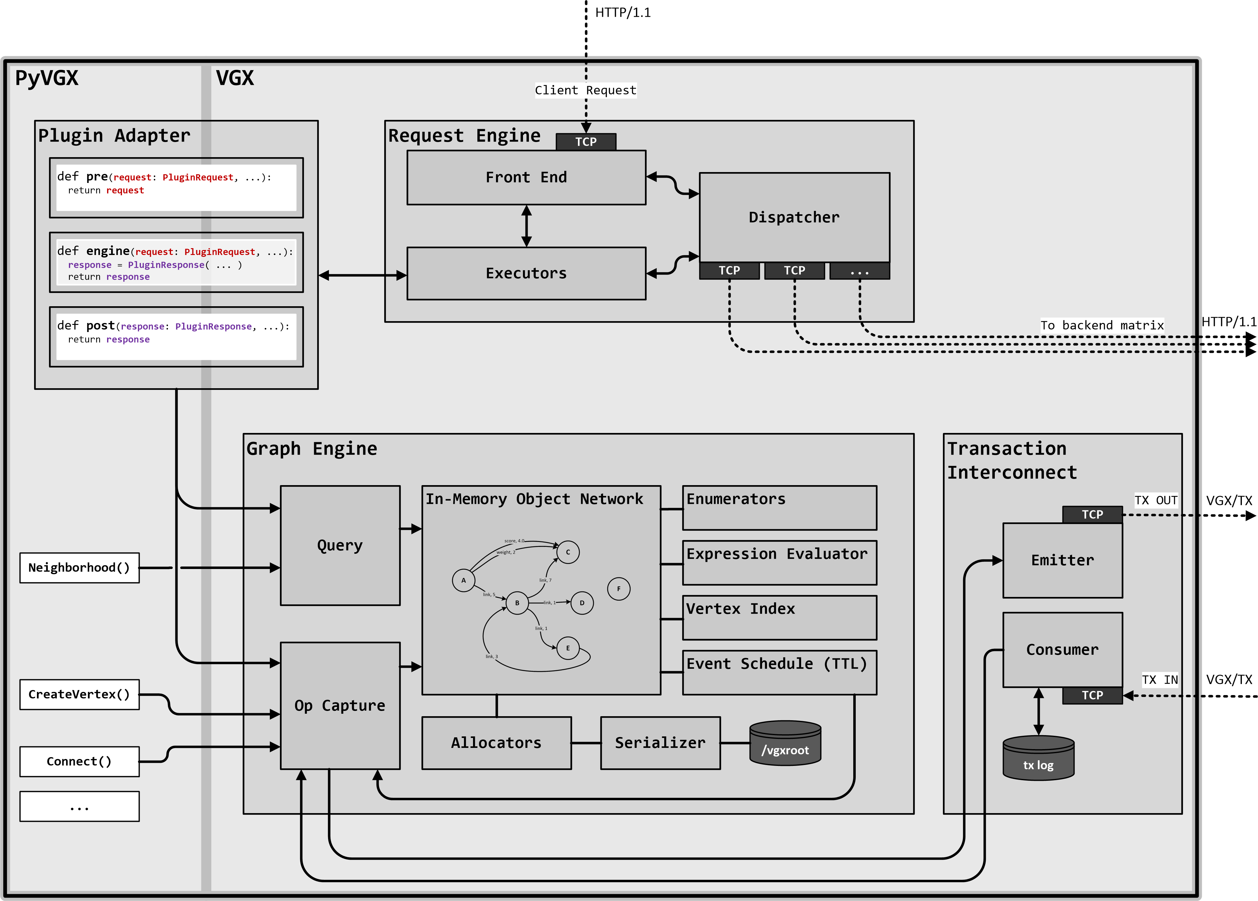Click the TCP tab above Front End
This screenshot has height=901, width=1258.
(x=585, y=142)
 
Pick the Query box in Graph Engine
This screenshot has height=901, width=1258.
(x=340, y=545)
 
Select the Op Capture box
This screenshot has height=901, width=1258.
(x=340, y=706)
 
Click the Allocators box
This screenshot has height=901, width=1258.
(x=496, y=743)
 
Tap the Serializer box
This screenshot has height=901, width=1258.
(x=660, y=743)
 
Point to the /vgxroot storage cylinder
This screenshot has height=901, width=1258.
(x=785, y=744)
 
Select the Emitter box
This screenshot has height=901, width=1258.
(x=1062, y=560)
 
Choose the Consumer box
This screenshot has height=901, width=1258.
(x=1062, y=650)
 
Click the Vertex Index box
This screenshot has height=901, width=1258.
(x=779, y=617)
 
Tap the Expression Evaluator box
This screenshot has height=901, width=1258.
(x=779, y=562)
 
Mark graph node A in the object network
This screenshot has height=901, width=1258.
(x=463, y=580)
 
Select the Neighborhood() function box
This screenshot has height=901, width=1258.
(x=79, y=567)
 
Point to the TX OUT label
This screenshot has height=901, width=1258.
(x=1156, y=500)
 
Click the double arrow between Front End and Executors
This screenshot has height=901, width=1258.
(x=526, y=226)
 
